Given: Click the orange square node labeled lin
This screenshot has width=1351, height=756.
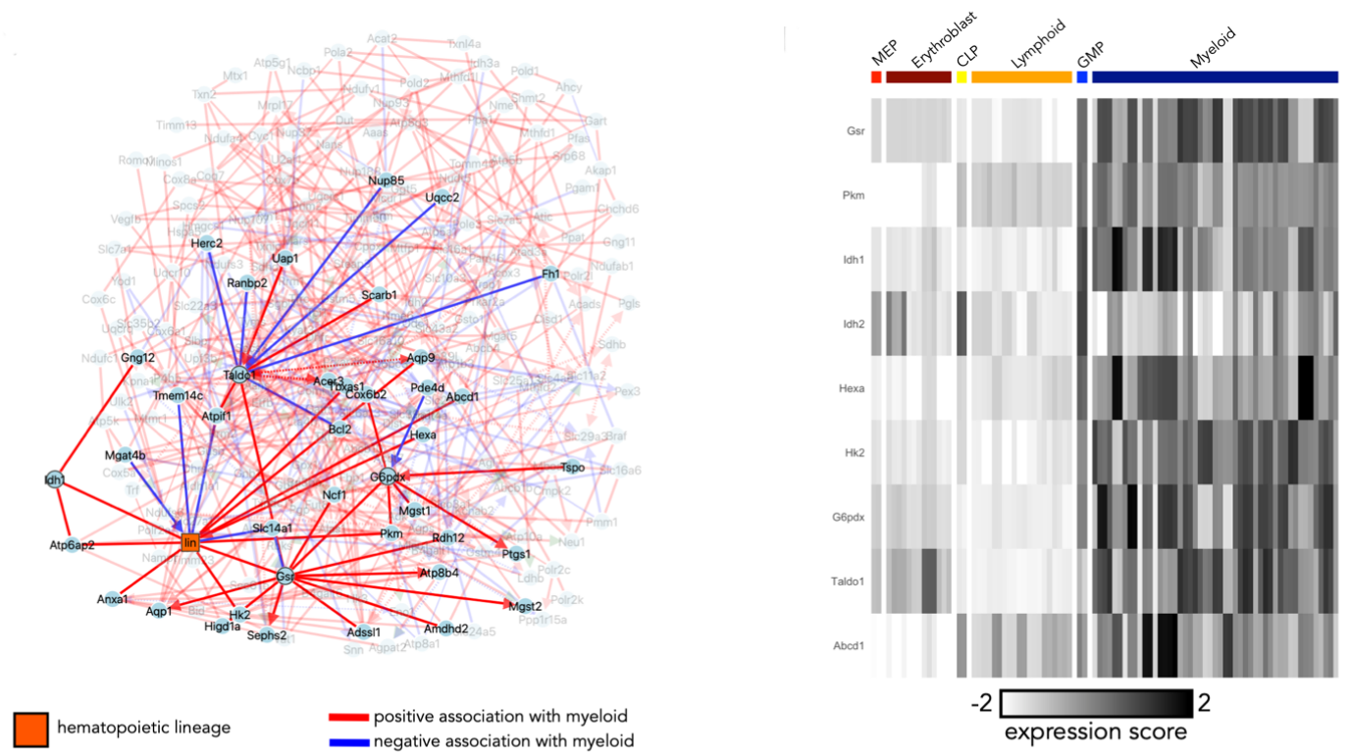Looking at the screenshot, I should [190, 542].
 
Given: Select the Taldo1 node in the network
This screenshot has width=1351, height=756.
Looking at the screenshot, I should [239, 374].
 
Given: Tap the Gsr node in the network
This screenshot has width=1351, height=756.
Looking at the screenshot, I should [286, 576].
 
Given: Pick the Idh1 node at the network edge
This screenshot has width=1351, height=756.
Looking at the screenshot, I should [54, 480].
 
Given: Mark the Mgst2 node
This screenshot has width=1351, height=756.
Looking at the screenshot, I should [525, 606].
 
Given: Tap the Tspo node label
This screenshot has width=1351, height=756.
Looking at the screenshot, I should [572, 468].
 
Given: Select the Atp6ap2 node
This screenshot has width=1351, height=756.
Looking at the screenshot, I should [73, 544].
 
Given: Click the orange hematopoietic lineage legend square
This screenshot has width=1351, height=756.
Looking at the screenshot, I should [30, 729].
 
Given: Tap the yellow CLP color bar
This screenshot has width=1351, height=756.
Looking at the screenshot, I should [961, 76].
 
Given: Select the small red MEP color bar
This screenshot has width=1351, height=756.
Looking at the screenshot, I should [876, 76].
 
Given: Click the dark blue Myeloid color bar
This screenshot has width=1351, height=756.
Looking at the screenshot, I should [1215, 76].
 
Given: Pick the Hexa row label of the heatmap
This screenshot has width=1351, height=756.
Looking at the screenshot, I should [852, 388].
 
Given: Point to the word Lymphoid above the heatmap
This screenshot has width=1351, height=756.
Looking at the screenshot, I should [1037, 44].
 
